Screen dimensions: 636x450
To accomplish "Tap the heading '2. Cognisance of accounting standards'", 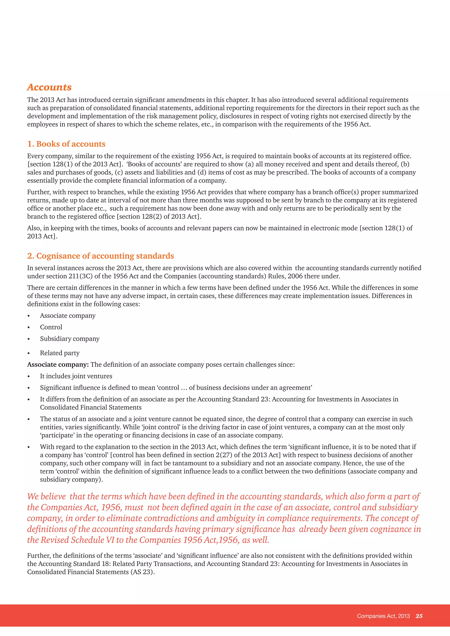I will (101, 256).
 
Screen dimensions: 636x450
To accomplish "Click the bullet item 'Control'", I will (51, 327).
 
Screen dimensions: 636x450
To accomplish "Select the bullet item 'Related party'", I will (60, 353).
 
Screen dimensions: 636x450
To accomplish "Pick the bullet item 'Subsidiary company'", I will (70, 339).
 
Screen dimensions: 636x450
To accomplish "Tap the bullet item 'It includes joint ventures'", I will (76, 376).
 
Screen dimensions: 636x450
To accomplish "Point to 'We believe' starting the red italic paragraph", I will (47, 496).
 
